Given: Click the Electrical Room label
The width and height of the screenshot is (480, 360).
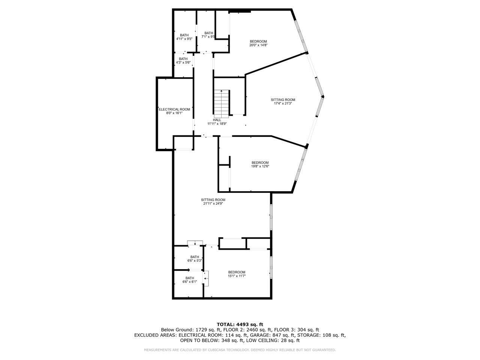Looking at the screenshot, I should (x=174, y=111).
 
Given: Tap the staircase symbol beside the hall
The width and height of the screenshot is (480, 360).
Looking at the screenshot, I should (x=221, y=103).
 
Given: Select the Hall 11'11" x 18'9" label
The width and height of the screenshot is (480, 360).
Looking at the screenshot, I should (x=217, y=121).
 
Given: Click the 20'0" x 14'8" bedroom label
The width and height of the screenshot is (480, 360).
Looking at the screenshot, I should (x=258, y=43).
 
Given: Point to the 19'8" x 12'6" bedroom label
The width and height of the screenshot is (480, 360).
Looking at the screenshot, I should (x=260, y=164).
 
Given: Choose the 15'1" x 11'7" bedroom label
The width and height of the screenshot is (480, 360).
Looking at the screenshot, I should (x=237, y=274).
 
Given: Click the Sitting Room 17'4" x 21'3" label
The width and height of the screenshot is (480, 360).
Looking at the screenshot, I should (x=283, y=102).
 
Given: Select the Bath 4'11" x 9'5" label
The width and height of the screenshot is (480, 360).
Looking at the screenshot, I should (x=184, y=37).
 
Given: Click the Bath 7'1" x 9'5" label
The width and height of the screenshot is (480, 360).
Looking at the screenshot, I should (x=208, y=35).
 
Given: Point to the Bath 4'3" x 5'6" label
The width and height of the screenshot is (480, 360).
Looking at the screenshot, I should (x=183, y=61).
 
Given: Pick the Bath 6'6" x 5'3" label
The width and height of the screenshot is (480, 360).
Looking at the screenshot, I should (x=195, y=259).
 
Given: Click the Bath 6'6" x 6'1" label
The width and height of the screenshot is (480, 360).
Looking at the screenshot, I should (x=190, y=280).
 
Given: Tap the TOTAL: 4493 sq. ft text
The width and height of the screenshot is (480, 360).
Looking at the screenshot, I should (x=240, y=324).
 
